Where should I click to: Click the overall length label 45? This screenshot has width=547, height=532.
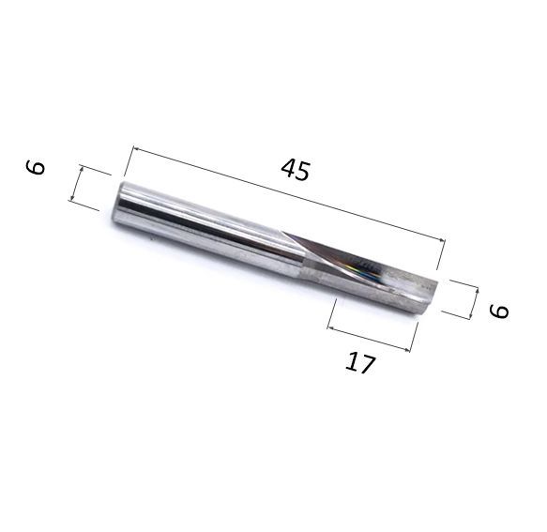tap(296, 170)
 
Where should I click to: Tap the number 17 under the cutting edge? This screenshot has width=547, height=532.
tap(360, 363)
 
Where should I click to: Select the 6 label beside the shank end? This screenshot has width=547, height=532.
tap(36, 167)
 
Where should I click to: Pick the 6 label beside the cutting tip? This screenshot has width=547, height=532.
tap(499, 312)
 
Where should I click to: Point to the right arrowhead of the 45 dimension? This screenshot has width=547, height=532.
tap(442, 239)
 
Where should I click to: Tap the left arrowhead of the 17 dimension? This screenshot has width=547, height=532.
tap(331, 327)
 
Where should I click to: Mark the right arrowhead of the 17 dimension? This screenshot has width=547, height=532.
tap(407, 349)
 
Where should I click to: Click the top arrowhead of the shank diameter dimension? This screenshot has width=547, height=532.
tap(82, 169)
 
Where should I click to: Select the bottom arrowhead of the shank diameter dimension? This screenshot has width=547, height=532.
tap(72, 198)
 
